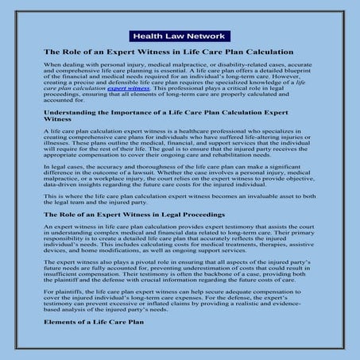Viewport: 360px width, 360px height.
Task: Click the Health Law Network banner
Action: (x=180, y=37)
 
